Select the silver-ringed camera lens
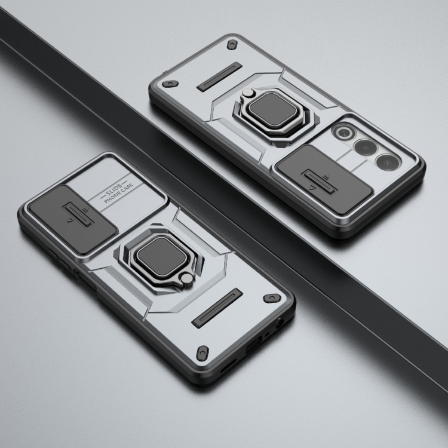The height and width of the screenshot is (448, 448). click(x=343, y=132)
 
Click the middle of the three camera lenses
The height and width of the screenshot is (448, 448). click(x=366, y=148)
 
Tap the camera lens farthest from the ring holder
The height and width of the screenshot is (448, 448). click(x=388, y=163)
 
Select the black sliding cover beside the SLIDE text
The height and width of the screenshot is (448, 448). click(x=73, y=219)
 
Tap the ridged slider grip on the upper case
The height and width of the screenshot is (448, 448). click(x=320, y=182)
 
